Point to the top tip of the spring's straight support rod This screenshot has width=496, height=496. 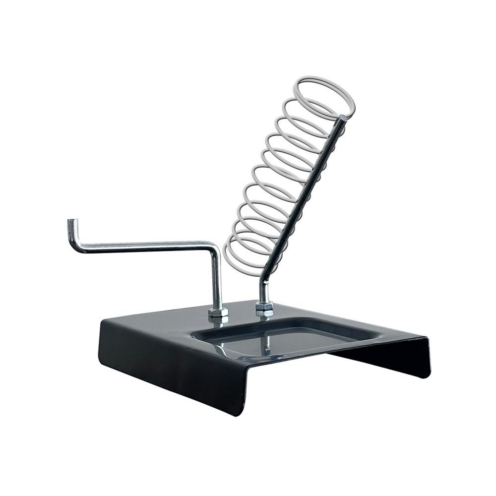[x=343, y=118]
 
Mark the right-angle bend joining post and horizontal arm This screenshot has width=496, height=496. [x=213, y=244]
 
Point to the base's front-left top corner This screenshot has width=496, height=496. [x=103, y=321]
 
